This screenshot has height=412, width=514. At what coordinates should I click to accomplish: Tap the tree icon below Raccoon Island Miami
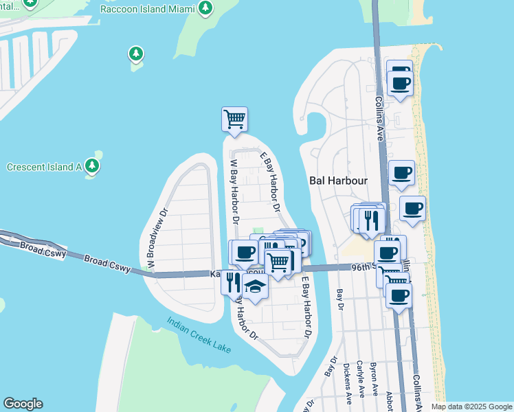[136, 54]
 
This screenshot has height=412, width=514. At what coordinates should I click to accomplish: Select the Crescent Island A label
[45, 167]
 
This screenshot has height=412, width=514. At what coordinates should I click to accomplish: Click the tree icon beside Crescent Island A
[92, 166]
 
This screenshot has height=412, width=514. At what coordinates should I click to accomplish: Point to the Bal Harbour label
[338, 181]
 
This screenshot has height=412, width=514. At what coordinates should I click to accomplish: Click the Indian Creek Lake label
[199, 335]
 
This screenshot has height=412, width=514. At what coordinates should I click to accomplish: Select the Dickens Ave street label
[348, 382]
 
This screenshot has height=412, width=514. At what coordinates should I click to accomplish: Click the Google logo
[23, 404]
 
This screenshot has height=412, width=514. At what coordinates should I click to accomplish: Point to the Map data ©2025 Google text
[471, 407]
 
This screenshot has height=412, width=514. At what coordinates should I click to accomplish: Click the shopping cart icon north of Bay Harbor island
[234, 119]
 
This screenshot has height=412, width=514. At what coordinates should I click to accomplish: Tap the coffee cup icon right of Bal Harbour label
[401, 173]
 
